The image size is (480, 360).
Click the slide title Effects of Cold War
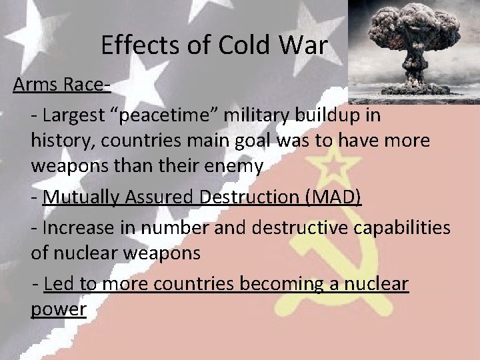pos(215,45)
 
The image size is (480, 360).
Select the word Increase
pos(75,227)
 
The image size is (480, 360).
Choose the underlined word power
pos(59,310)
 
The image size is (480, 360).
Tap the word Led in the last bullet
pos(59,285)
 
